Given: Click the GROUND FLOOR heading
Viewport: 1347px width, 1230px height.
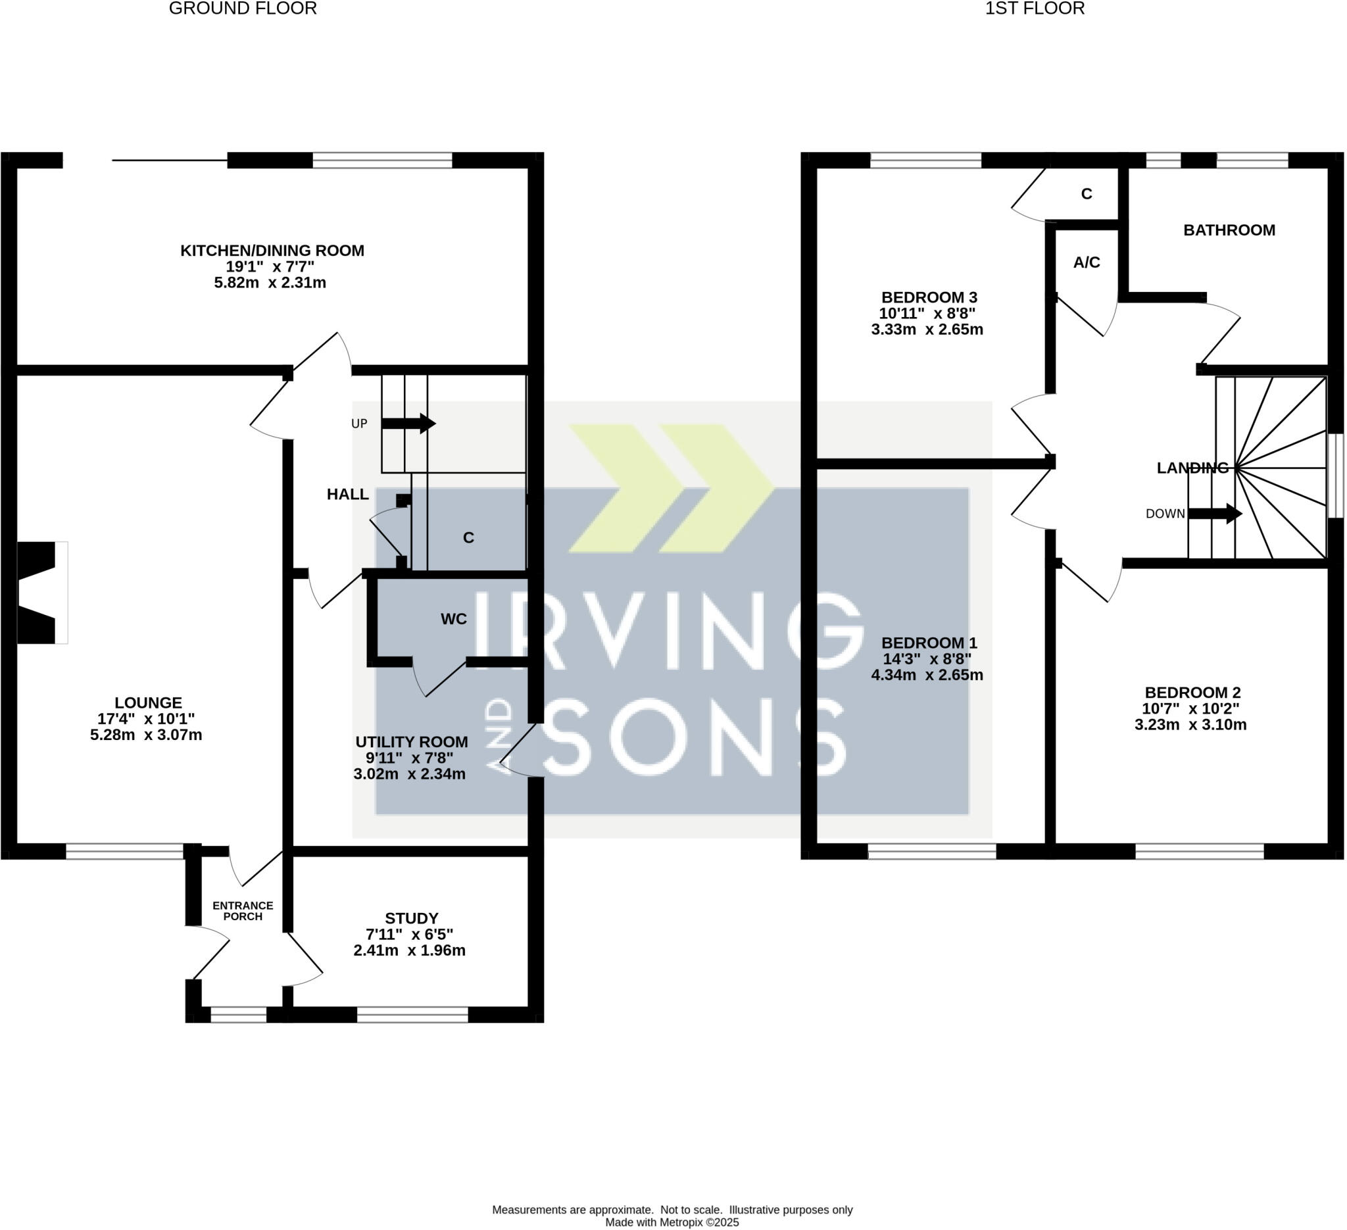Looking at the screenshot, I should (243, 9).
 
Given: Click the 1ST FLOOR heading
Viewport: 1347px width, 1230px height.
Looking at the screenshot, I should (1035, 9).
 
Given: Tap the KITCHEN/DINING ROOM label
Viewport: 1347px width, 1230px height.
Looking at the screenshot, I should (272, 251).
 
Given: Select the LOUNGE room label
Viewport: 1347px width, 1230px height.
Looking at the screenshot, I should (149, 703).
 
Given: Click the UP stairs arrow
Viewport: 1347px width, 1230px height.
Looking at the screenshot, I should (408, 424).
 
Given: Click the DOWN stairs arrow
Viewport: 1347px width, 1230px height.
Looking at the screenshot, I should (1214, 514).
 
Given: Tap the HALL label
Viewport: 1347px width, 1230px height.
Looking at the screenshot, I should (347, 495).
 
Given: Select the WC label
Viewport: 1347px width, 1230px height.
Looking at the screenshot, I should (454, 620).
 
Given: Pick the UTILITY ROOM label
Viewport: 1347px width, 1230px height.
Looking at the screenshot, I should (411, 741).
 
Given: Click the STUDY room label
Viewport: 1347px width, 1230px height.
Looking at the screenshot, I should (412, 918).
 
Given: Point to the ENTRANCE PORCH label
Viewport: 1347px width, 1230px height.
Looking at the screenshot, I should (243, 910).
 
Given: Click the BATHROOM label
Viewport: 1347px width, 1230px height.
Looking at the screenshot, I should (1229, 230).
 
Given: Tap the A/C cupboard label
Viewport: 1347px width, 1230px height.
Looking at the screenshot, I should (1087, 262).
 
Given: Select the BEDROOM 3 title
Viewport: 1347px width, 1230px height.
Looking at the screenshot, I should (929, 297).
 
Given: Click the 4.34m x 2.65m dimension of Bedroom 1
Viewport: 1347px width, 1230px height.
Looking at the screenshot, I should (927, 675).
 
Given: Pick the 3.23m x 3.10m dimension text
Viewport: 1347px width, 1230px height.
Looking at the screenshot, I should (1190, 724).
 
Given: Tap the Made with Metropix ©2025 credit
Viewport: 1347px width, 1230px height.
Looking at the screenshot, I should (672, 1221).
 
